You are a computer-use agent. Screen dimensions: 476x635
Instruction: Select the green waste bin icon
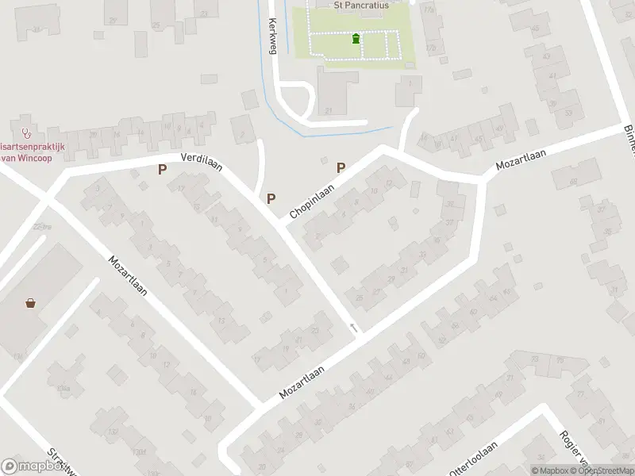[x=355, y=38]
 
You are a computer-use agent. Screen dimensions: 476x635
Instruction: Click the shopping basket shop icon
[x=30, y=302]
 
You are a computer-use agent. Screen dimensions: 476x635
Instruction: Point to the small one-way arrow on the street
[x=353, y=327]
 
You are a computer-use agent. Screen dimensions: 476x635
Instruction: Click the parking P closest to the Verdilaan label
[x=164, y=169]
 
